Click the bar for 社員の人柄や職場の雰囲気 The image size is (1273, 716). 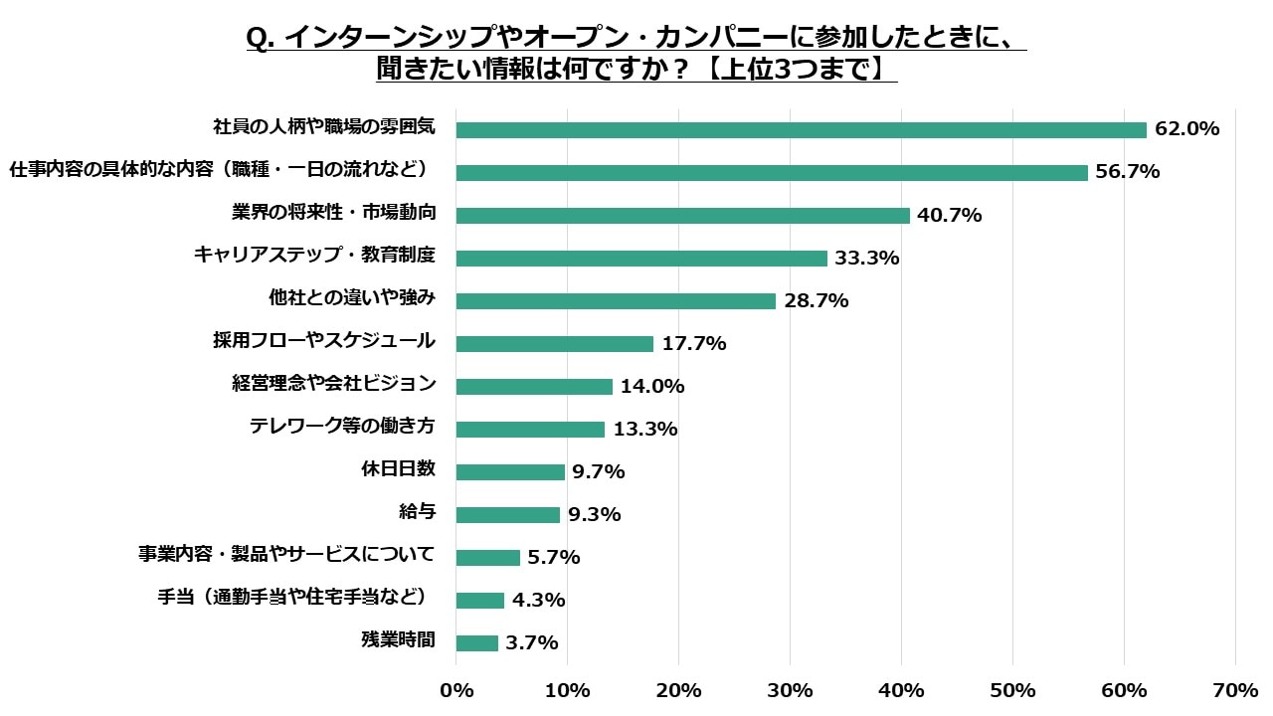point(801,129)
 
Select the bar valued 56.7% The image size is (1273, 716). point(772,172)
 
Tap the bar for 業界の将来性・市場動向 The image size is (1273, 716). point(682,215)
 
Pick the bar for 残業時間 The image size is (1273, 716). point(477,642)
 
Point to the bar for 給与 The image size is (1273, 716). point(508,514)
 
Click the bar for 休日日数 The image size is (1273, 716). point(510,471)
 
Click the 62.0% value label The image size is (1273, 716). point(1186,129)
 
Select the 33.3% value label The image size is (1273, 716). point(866,259)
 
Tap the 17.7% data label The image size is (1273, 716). point(693,344)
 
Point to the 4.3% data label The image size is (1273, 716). point(538,601)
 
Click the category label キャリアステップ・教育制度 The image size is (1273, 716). point(314,256)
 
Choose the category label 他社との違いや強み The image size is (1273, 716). point(352,298)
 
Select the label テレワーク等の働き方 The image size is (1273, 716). point(342,427)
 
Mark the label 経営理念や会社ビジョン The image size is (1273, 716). point(333,384)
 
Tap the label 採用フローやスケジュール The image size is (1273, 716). point(324,341)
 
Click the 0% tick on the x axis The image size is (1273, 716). point(456,690)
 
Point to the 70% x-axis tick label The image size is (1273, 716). point(1235,690)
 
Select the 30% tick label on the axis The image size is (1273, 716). point(790,690)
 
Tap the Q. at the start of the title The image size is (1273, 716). point(261,38)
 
